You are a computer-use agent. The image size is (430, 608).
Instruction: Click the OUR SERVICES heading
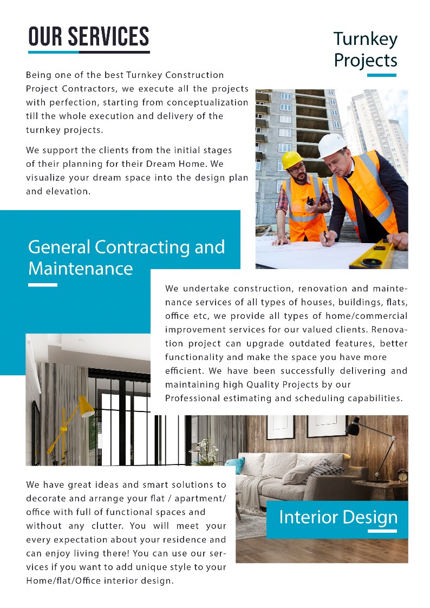[x=88, y=36]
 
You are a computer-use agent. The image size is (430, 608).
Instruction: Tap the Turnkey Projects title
[x=365, y=49]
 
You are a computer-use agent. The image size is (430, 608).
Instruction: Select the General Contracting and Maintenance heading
[x=126, y=257]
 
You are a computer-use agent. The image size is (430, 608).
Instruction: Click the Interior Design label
[x=337, y=517]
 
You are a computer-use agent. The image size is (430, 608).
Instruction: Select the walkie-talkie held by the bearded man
[x=310, y=201]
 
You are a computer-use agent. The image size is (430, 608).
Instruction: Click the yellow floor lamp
[x=70, y=422]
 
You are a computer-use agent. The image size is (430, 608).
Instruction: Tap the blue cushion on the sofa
[x=236, y=464]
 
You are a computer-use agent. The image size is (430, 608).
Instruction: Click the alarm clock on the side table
[x=402, y=475]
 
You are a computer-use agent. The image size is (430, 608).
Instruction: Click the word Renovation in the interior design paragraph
[x=383, y=330]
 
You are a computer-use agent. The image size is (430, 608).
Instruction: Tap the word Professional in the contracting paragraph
[x=192, y=398]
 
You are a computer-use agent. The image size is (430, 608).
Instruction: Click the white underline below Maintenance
[x=42, y=285]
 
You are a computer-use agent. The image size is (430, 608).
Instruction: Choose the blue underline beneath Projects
[x=381, y=75]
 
